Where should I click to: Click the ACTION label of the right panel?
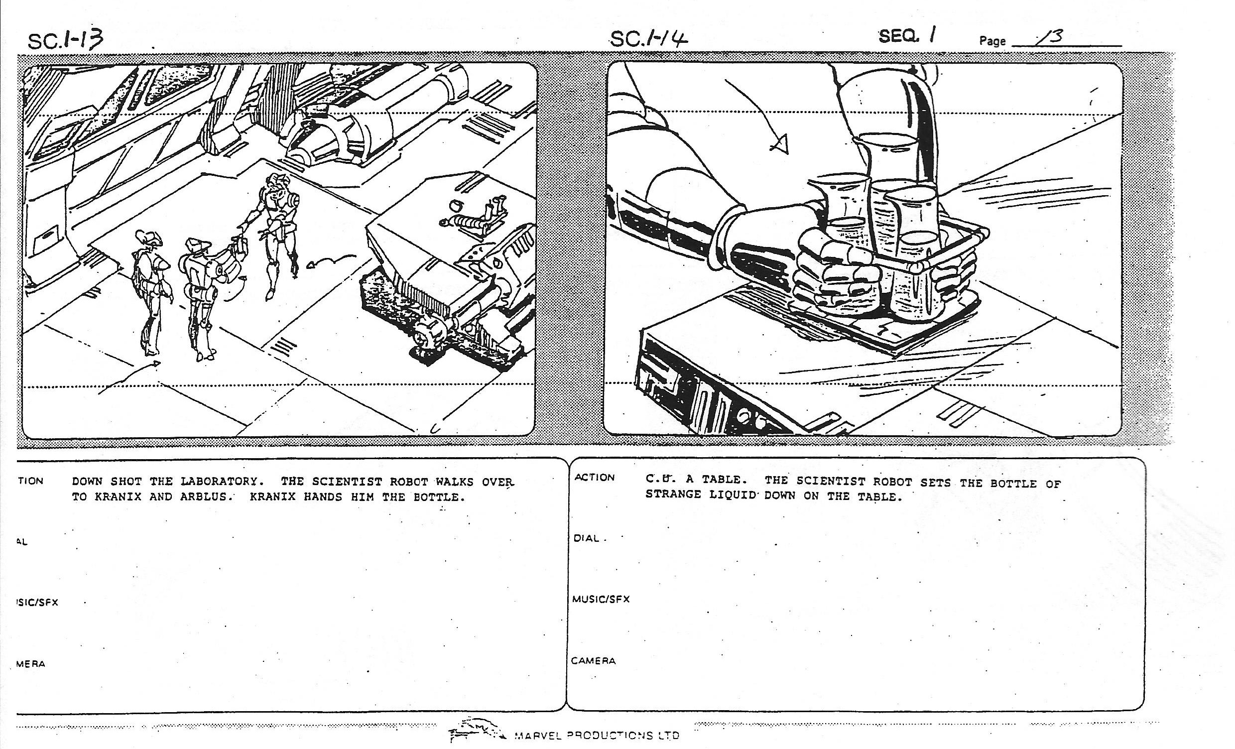coord(595,477)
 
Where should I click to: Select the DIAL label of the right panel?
coord(587,538)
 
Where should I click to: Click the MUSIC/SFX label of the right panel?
coord(601,599)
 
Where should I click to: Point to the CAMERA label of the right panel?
coord(593,661)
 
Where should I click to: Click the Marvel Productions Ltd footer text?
coord(597,736)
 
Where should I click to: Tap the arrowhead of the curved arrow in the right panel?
coord(780,144)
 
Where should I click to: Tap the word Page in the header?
coord(992,41)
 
